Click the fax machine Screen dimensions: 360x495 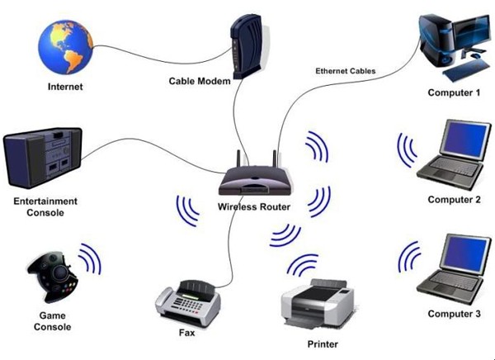(189, 303)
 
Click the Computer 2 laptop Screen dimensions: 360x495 (452, 154)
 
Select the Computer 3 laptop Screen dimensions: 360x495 (451, 268)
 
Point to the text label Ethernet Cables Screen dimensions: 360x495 (345, 72)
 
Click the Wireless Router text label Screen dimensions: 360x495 (254, 206)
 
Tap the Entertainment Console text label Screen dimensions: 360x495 (45, 206)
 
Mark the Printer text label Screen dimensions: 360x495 (321, 343)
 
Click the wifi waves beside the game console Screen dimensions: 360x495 (90, 259)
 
